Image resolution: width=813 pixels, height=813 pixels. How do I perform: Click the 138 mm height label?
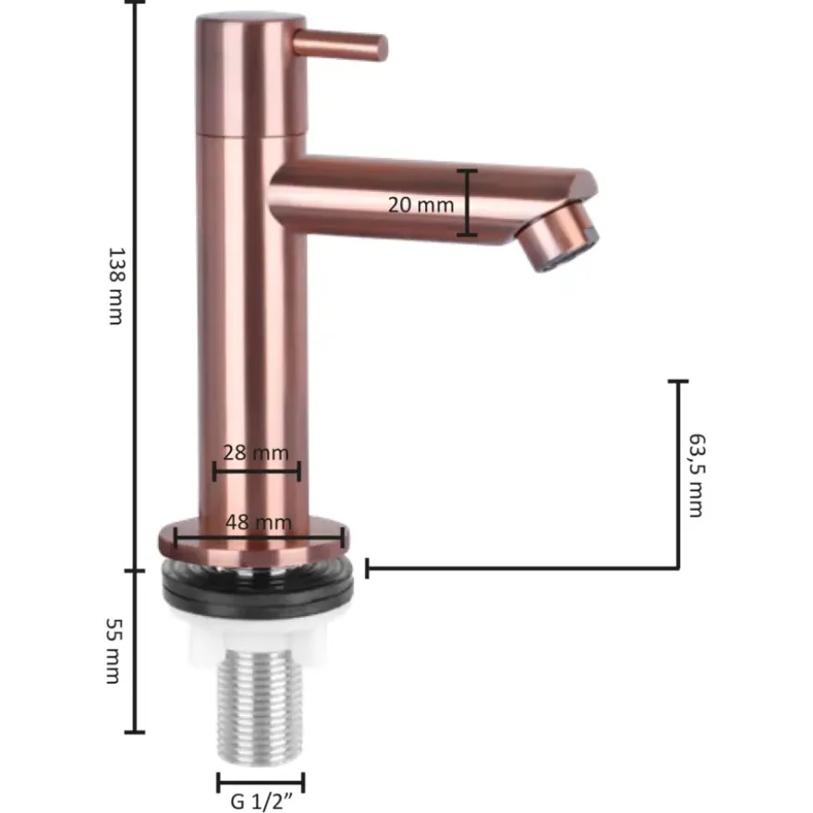pos(116,285)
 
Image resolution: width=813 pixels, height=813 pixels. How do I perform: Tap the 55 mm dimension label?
pos(114,650)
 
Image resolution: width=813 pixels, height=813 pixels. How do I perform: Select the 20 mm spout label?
pos(420,205)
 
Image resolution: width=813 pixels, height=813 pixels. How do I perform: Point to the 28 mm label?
pos(256,453)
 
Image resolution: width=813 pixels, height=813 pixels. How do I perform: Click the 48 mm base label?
pos(258,522)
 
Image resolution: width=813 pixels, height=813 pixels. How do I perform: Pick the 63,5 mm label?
pos(697,475)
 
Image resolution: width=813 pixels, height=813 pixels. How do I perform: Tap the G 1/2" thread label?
pos(261,801)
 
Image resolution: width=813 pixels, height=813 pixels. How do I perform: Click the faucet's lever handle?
pos(340,44)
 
